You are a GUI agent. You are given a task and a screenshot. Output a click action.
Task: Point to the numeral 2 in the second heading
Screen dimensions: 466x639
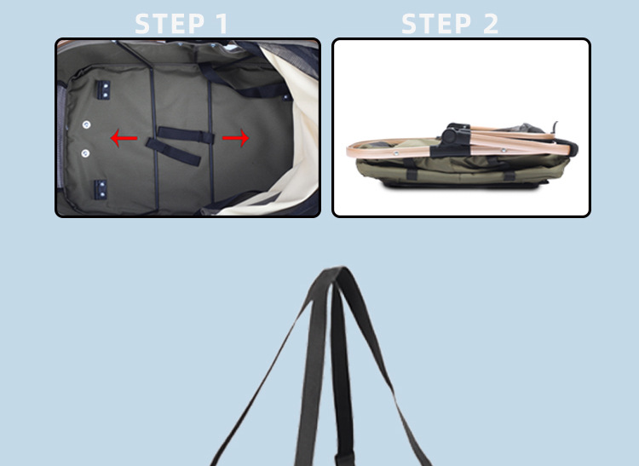coord(489,23)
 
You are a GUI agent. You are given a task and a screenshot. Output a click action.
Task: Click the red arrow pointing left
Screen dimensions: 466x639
coord(124,138)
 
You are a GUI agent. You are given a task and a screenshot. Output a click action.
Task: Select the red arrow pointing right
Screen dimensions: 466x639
coord(238,138)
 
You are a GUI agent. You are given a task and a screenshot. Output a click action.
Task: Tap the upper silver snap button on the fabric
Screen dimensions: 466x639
coord(86,124)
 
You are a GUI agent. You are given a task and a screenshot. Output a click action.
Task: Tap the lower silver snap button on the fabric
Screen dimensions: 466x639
coord(85,153)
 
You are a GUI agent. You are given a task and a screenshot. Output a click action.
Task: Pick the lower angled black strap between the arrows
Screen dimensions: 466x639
coord(174,151)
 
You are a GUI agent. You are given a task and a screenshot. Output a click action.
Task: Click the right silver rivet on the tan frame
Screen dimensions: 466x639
coord(503,150)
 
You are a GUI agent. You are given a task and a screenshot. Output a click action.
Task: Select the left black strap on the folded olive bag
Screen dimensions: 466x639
coord(413,174)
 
